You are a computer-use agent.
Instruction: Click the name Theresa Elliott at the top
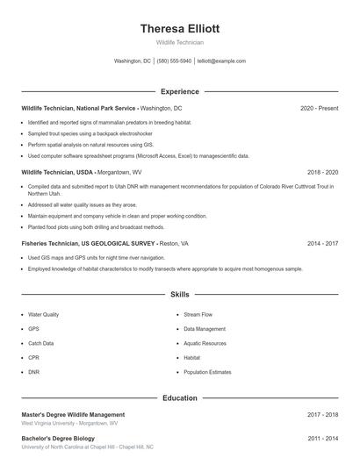click(x=179, y=28)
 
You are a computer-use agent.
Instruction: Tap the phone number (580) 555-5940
click(x=174, y=61)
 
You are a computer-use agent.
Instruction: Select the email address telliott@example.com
click(x=221, y=61)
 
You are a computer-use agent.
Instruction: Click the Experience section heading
click(x=179, y=91)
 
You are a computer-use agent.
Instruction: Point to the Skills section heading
click(x=179, y=296)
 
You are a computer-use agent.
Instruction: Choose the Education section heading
click(x=179, y=397)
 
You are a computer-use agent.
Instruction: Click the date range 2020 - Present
click(x=319, y=108)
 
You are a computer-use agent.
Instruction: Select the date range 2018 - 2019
click(x=322, y=173)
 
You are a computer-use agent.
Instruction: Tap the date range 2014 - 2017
click(x=322, y=243)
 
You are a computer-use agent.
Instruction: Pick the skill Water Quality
click(x=44, y=314)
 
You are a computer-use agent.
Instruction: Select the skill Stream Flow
click(x=198, y=314)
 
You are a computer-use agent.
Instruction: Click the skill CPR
click(x=33, y=358)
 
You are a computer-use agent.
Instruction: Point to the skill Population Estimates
click(x=207, y=372)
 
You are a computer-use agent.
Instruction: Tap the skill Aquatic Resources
click(x=205, y=343)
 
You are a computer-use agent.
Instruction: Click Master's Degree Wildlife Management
click(x=73, y=414)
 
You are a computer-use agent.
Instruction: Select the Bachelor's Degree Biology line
click(x=58, y=438)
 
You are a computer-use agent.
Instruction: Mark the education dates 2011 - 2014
click(x=322, y=438)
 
